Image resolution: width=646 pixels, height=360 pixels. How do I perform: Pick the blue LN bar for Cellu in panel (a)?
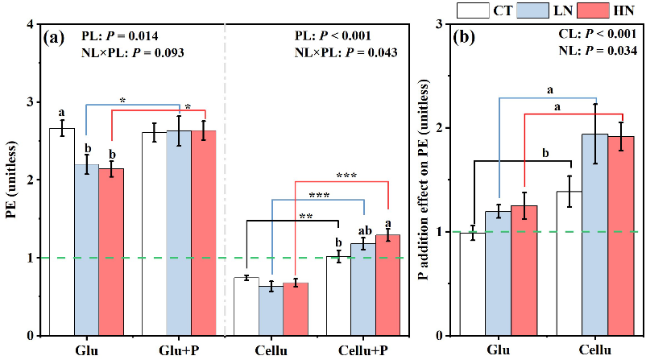(x=271, y=311)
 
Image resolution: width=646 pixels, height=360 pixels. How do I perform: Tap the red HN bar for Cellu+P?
(x=388, y=285)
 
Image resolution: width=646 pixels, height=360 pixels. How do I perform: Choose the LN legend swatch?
(x=536, y=10)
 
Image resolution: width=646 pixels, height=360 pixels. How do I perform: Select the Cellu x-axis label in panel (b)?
(x=595, y=351)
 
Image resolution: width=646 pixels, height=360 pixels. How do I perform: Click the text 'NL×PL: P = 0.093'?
(x=133, y=53)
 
